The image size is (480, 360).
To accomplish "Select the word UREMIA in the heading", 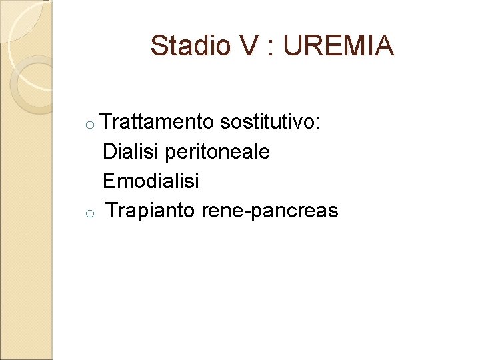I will coord(339,46).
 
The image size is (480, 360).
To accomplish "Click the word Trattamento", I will coord(158,123).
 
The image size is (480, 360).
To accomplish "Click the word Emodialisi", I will coord(151,181).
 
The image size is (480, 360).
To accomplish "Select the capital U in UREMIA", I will coord(293,46).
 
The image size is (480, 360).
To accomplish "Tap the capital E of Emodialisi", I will coord(109,181).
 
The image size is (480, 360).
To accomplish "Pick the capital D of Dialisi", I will coord(110,152).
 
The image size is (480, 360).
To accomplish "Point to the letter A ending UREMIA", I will coord(384,46).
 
